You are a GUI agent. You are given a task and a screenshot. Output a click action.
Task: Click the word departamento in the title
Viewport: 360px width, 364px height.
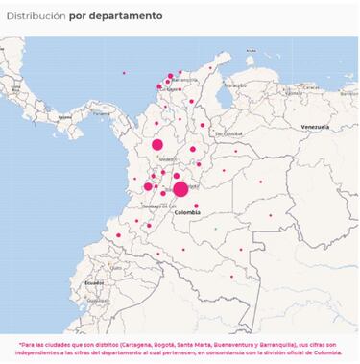[x=130, y=16]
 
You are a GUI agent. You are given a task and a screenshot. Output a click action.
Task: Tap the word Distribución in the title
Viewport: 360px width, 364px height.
[x=36, y=16]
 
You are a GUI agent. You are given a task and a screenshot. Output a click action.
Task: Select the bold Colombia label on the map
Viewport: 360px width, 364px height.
[x=187, y=212]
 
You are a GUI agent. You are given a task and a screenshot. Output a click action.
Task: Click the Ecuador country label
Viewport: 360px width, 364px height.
[x=93, y=282]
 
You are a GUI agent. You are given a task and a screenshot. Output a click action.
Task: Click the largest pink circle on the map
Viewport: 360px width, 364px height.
[x=180, y=189]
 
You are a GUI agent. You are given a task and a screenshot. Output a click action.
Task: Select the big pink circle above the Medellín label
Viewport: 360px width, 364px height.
[x=157, y=145]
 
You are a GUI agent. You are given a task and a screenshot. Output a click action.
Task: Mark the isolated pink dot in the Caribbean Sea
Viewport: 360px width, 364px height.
[x=124, y=73]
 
